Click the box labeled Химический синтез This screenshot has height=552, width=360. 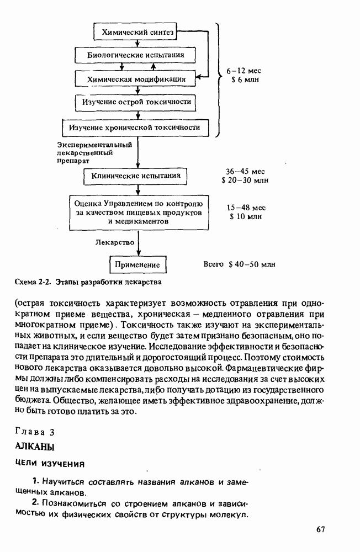[137, 33]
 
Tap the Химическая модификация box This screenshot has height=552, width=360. [136, 79]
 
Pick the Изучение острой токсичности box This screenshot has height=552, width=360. [136, 102]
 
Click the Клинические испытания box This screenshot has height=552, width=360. [136, 177]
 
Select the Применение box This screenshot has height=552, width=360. [137, 265]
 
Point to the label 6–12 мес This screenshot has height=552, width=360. [244, 71]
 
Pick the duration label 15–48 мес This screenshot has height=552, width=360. [246, 208]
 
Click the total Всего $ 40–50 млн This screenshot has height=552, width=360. [239, 264]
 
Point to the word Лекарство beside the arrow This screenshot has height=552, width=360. [115, 242]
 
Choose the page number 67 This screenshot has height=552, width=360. [321, 530]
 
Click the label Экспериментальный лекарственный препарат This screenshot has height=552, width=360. [94, 153]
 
